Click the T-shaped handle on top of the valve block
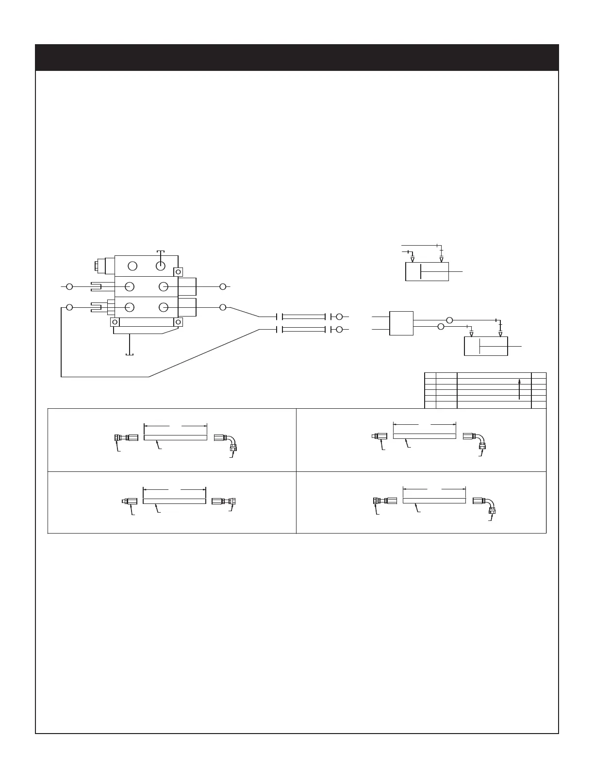click(x=161, y=252)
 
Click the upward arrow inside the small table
click(x=519, y=389)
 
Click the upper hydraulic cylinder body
click(x=427, y=271)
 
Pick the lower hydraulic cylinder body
click(x=486, y=346)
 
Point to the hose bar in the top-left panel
click(x=175, y=437)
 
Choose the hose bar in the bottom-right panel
click(x=434, y=501)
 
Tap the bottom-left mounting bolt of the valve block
click(x=115, y=322)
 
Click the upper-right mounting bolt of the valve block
click(x=179, y=272)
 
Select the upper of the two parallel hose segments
click(x=303, y=317)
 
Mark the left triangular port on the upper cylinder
click(x=412, y=260)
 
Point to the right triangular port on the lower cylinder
click(x=500, y=334)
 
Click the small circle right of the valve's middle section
click(x=223, y=287)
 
